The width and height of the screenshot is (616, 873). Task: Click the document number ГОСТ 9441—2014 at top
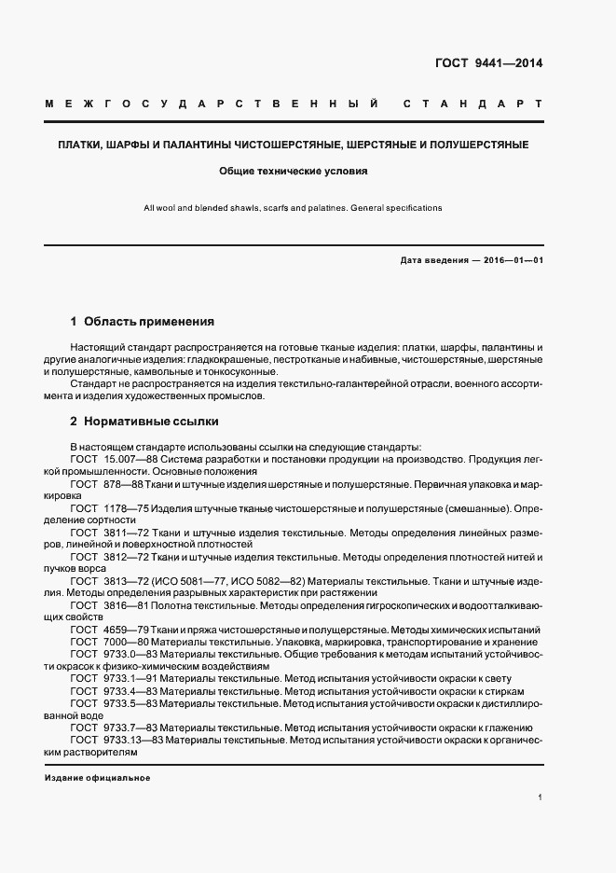(488, 64)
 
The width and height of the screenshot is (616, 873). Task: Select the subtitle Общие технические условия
(294, 172)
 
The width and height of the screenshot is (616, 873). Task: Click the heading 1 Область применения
(143, 322)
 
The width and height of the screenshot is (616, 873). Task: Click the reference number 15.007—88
(131, 460)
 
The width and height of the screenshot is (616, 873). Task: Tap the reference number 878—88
(123, 484)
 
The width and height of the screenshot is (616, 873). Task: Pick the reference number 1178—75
(127, 508)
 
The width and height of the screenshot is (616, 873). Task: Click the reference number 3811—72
(127, 533)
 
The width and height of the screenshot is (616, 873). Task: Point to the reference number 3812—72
(127, 557)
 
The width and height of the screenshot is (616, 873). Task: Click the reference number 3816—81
(127, 605)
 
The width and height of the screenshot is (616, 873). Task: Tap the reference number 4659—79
(127, 630)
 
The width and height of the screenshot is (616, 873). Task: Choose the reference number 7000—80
(127, 643)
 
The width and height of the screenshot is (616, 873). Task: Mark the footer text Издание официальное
(97, 778)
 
